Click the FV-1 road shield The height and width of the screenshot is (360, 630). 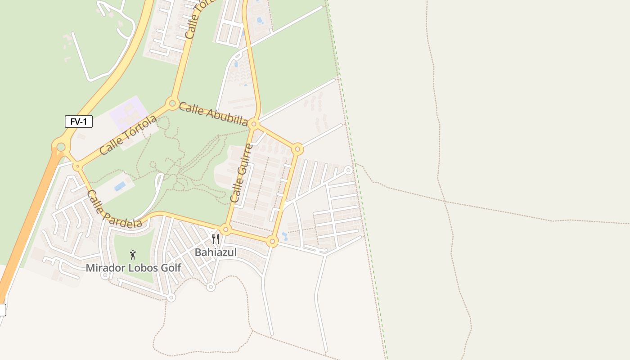click(79, 121)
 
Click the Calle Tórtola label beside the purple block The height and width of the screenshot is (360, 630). click(128, 135)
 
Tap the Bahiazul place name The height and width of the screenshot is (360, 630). click(216, 252)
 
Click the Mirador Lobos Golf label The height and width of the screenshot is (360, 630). click(133, 268)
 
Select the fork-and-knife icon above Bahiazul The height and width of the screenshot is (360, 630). click(216, 238)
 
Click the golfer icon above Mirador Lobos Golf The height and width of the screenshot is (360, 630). click(133, 255)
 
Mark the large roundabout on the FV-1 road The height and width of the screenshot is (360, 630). click(61, 147)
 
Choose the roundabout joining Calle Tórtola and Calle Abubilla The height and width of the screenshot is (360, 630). click(172, 103)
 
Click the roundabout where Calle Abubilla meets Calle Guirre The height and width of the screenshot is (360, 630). click(254, 124)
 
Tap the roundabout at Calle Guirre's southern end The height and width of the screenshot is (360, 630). click(226, 230)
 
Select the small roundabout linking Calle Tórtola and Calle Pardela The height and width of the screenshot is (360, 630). click(78, 166)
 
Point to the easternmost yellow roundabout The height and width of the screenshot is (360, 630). click(297, 148)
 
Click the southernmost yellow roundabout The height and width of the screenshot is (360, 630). click(272, 242)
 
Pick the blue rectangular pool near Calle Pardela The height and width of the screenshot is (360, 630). click(120, 186)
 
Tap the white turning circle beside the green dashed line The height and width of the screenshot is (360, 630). click(348, 170)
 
